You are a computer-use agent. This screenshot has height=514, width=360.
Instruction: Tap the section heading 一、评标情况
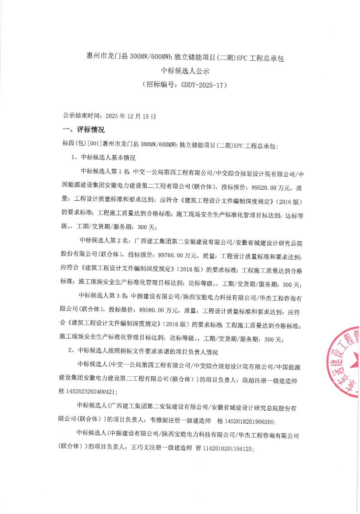(84, 130)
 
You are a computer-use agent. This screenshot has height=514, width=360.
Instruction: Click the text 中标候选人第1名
(105, 172)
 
